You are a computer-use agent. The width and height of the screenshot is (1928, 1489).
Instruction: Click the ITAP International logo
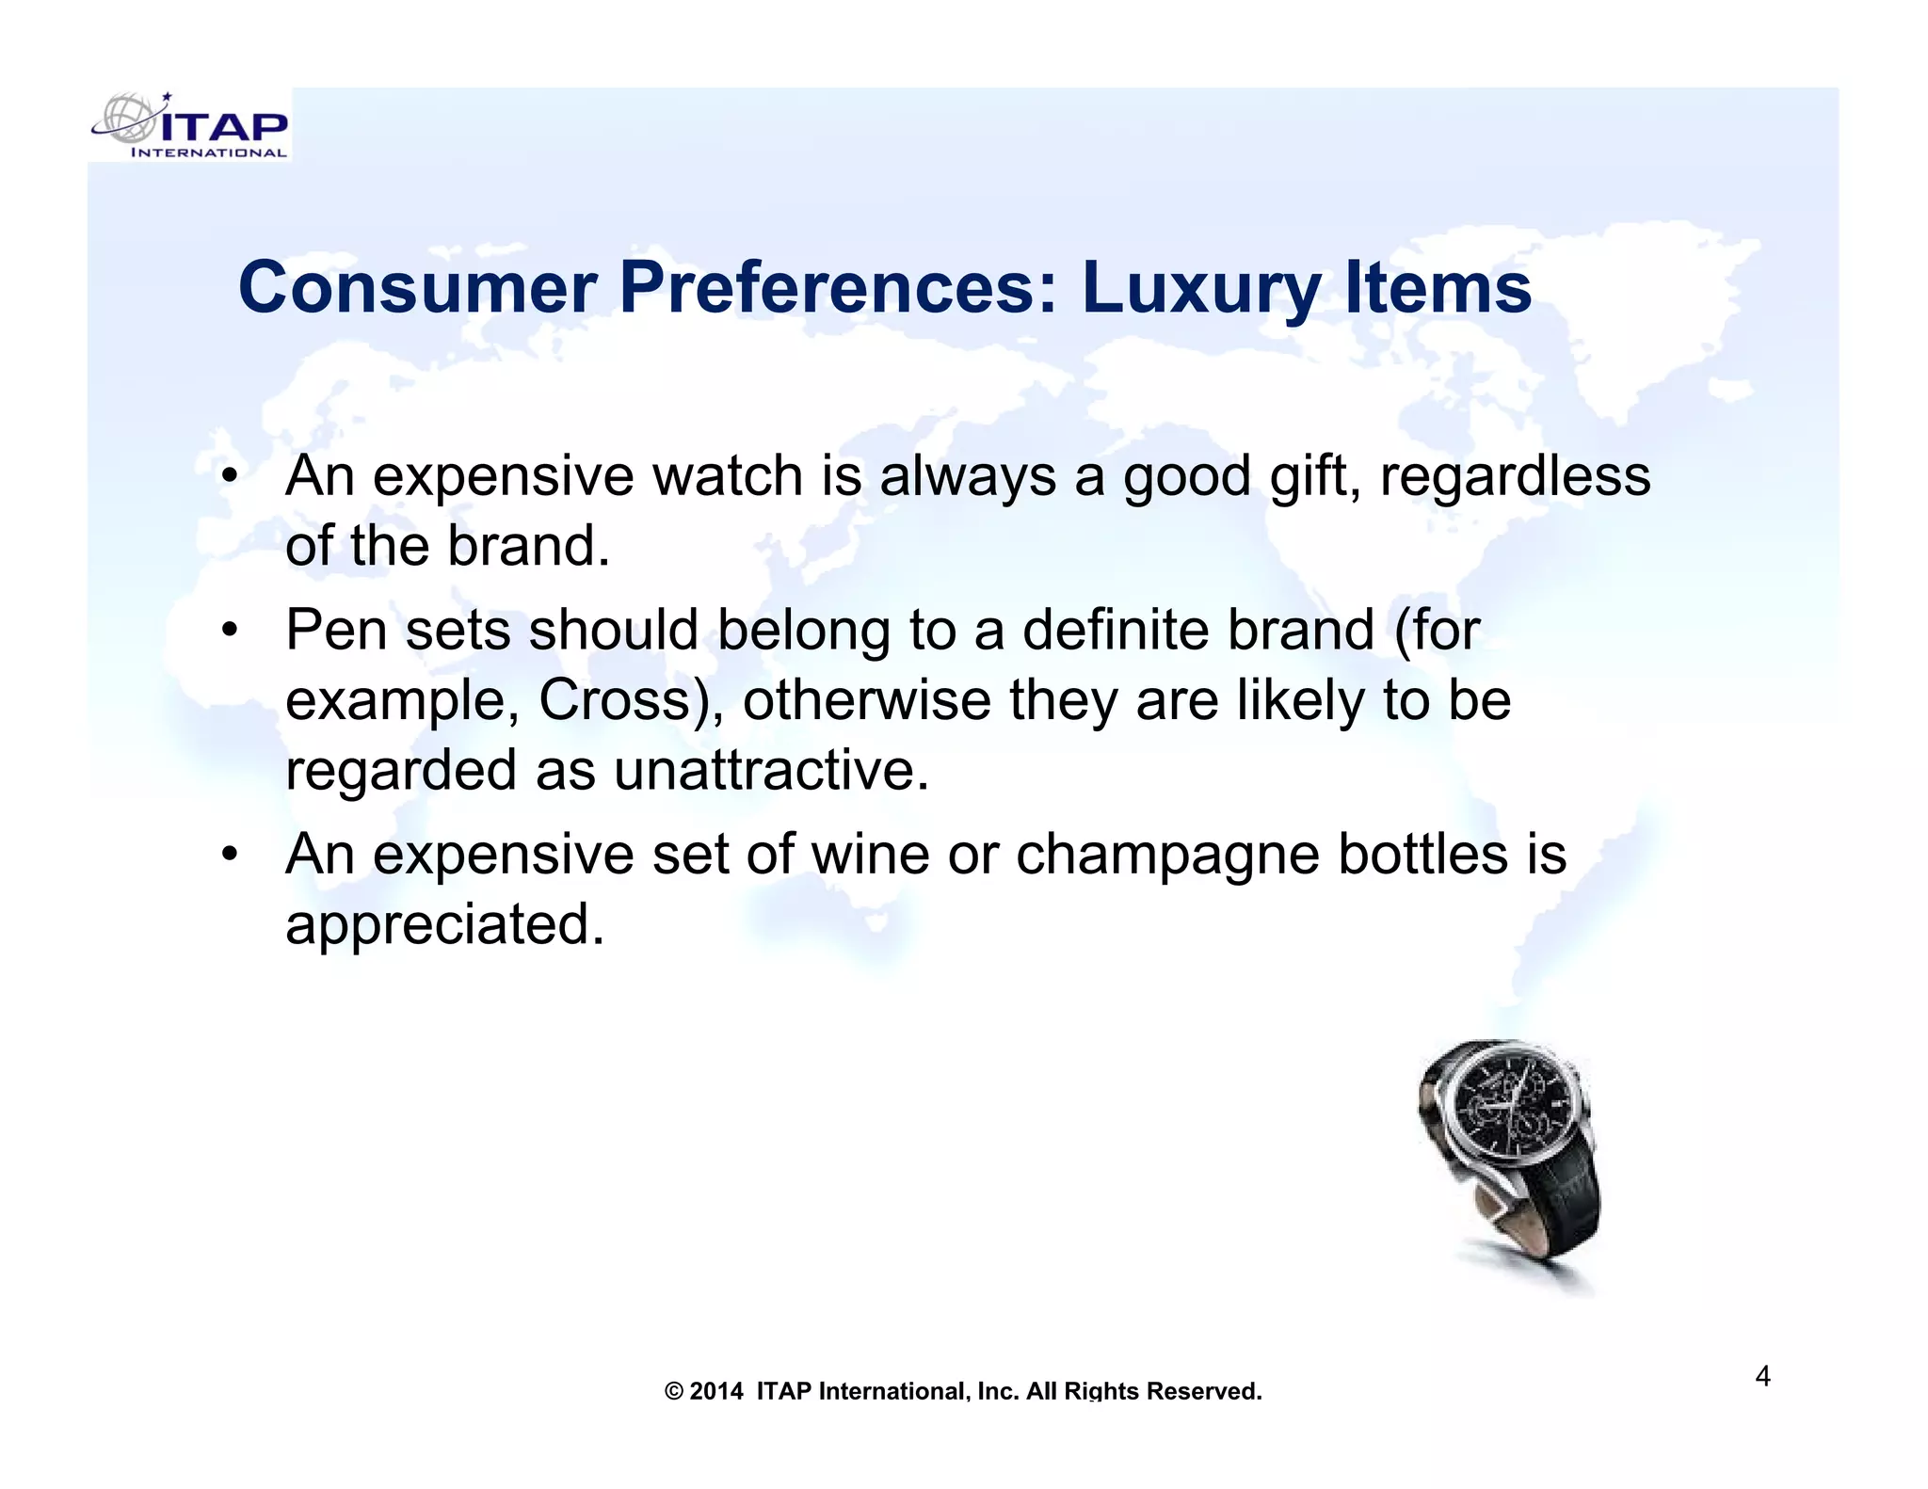[x=191, y=126]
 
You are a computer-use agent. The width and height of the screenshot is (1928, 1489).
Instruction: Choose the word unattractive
[x=771, y=770]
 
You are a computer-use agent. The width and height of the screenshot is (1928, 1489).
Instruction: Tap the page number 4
[x=1762, y=1377]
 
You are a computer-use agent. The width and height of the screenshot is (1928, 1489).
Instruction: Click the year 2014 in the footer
[x=716, y=1391]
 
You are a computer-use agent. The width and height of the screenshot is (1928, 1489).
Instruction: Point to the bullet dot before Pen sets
[x=229, y=629]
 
